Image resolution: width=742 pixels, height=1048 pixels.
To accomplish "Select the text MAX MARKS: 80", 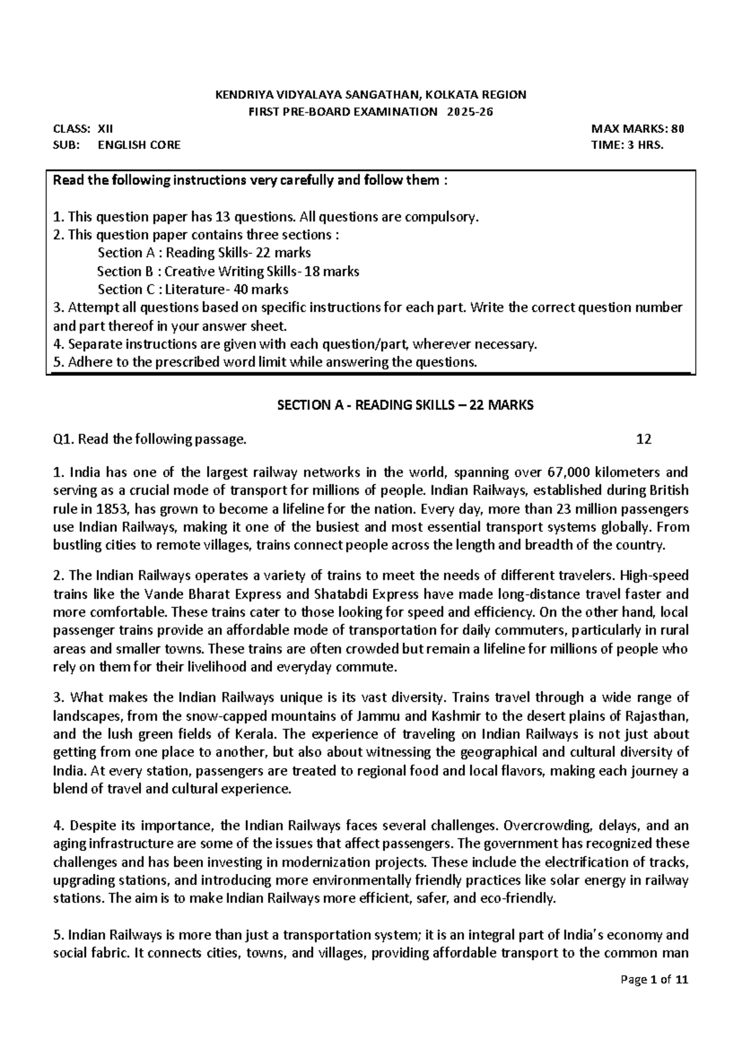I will [x=638, y=129].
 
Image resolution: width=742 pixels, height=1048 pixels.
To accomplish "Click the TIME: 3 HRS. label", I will [x=627, y=145].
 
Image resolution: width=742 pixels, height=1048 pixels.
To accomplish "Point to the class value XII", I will [x=97, y=129].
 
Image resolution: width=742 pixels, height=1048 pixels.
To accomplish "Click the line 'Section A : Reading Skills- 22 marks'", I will [x=204, y=253].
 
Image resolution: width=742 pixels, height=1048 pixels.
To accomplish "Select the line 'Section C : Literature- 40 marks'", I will [x=193, y=289].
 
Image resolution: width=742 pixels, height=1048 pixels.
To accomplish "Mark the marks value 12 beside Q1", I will [x=644, y=439].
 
